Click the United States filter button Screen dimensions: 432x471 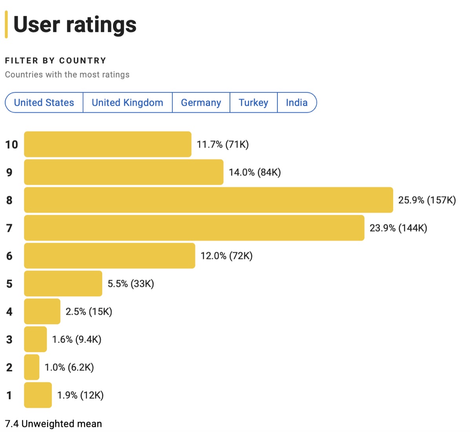pos(44,103)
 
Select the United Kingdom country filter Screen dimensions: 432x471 pos(128,103)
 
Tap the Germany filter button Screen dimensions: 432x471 pos(201,103)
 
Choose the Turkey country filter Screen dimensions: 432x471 pos(254,103)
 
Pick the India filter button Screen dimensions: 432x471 pos(297,103)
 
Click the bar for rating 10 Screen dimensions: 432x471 pos(108,144)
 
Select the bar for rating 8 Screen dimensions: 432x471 pos(208,200)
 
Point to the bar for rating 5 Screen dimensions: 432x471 pos(63,283)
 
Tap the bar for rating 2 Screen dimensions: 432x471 pos(31,367)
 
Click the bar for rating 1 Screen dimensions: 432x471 pos(38,395)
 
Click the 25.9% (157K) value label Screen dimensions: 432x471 pos(427,200)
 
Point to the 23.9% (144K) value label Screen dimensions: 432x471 pos(398,228)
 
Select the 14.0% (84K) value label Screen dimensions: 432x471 pos(255,172)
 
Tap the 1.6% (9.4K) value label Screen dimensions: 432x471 pos(77,339)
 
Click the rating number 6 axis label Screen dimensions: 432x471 pos(9,256)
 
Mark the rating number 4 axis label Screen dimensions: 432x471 pos(9,312)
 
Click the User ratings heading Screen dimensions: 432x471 pos(75,24)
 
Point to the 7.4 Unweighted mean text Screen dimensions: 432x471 pos(53,424)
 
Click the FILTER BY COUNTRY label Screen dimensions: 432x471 pos(56,61)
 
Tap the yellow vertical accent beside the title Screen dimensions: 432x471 pos(6,24)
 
